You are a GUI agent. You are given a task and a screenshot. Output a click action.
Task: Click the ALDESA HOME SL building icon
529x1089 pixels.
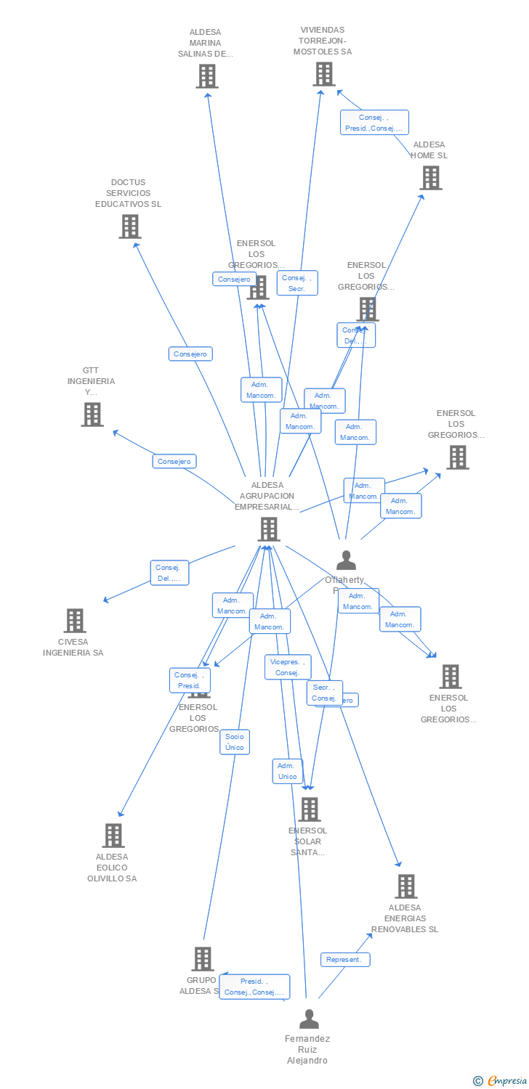click(430, 178)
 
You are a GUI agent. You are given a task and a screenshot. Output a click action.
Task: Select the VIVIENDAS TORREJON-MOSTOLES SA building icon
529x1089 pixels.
click(324, 74)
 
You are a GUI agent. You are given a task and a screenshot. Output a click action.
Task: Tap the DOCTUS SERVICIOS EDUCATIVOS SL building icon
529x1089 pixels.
click(129, 227)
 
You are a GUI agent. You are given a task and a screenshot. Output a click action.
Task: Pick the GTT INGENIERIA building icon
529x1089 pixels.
click(92, 415)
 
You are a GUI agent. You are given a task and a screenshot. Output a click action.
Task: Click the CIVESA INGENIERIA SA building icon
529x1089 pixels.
click(75, 621)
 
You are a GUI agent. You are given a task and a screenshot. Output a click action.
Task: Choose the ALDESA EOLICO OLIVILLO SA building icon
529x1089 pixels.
click(113, 836)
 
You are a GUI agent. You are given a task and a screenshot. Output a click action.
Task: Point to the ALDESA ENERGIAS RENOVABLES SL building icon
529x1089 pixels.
click(405, 886)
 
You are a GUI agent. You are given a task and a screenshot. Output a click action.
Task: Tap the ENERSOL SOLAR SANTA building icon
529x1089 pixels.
click(309, 809)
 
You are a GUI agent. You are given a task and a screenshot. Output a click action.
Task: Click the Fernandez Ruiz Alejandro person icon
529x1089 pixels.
click(309, 1019)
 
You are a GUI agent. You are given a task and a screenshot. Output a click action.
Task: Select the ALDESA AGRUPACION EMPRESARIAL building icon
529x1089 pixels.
click(269, 529)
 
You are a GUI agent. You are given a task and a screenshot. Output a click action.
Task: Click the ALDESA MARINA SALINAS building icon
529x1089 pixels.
click(206, 76)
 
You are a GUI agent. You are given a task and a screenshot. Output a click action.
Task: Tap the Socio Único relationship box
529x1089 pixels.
click(235, 741)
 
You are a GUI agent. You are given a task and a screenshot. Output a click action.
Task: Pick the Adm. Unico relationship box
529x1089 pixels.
click(287, 771)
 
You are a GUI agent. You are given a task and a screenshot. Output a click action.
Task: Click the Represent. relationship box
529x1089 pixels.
click(345, 960)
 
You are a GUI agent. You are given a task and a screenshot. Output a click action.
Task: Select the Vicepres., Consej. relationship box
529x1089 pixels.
click(288, 667)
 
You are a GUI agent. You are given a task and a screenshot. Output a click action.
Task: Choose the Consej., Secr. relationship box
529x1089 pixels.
click(297, 283)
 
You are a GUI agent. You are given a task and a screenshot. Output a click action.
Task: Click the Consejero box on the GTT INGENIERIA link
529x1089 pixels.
click(174, 461)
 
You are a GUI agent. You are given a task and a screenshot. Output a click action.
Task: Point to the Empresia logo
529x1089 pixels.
click(501, 1081)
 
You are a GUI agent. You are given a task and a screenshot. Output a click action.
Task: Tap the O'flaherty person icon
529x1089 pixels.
click(346, 560)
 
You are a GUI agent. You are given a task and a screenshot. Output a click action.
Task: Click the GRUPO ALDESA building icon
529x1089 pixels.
click(202, 959)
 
